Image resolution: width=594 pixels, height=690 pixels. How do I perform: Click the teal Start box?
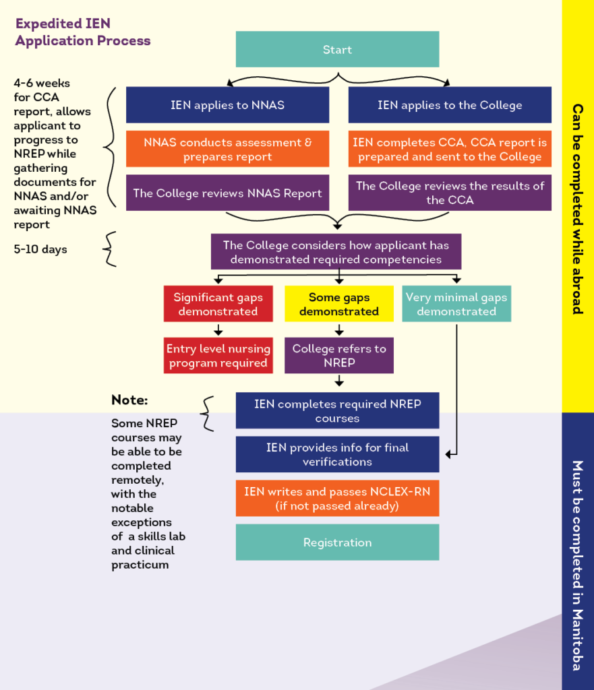[x=337, y=49]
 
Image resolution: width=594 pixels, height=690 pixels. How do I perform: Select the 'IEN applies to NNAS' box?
[x=227, y=104]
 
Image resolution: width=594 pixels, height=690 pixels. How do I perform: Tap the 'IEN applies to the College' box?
[x=450, y=104]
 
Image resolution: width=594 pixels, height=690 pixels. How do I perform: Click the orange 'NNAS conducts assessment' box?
[x=227, y=149]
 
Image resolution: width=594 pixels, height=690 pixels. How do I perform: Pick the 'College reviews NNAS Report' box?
[x=227, y=193]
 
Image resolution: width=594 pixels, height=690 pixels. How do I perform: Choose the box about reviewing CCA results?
[x=450, y=193]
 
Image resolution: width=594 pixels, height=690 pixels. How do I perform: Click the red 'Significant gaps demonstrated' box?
[x=218, y=304]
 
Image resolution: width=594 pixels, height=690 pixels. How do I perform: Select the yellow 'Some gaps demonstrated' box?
[x=338, y=304]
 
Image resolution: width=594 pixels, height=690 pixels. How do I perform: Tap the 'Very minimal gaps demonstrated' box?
[x=456, y=304]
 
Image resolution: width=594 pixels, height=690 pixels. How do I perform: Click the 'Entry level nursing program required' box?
[x=218, y=356]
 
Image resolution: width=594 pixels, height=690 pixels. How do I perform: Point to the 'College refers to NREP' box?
[x=338, y=356]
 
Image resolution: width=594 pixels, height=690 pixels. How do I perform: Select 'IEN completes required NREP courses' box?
[x=337, y=411]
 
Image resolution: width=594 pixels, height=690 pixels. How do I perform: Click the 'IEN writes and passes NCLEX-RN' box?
[x=337, y=499]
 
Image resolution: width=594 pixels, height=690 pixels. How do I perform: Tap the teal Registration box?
[x=337, y=542]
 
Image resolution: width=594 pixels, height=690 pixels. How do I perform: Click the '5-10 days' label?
[x=40, y=249]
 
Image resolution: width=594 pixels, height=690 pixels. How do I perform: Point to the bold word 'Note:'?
[x=129, y=400]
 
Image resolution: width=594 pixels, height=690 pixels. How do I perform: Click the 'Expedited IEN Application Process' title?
[x=82, y=32]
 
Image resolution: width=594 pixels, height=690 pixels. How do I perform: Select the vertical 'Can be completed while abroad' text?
[x=577, y=209]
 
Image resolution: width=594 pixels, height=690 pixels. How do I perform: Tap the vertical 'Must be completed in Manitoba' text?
[x=577, y=566]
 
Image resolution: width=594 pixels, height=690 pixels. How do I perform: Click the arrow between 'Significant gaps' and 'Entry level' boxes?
[x=218, y=330]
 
